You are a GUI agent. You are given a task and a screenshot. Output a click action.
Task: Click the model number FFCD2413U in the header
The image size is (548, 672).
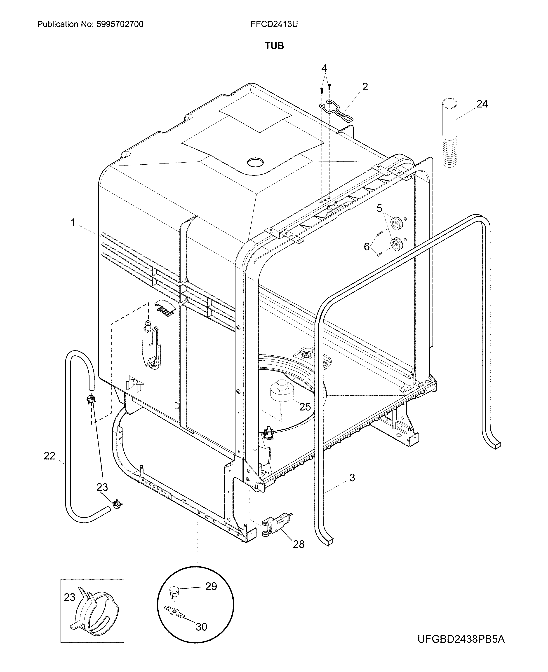coord(274,24)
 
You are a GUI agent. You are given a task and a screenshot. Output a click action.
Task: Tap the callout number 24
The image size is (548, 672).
coord(482,104)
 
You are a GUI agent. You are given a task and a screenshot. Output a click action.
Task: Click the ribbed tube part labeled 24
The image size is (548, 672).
coord(449,133)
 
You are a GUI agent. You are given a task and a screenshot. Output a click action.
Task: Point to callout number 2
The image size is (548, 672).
coord(365,87)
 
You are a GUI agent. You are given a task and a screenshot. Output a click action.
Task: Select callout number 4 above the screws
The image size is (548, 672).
coord(324,68)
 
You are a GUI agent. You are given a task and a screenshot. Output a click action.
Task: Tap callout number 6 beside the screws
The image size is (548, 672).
coord(367,247)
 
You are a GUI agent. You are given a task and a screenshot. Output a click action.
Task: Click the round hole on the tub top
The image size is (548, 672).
coord(255,162)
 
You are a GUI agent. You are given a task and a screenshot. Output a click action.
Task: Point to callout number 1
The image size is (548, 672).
coord(73,223)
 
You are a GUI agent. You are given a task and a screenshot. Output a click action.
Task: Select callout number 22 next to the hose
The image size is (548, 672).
coord(49,456)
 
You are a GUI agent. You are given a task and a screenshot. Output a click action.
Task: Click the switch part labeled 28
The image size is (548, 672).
coord(275,525)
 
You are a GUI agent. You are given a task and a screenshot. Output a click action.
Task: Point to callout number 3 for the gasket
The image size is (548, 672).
coord(352,478)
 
